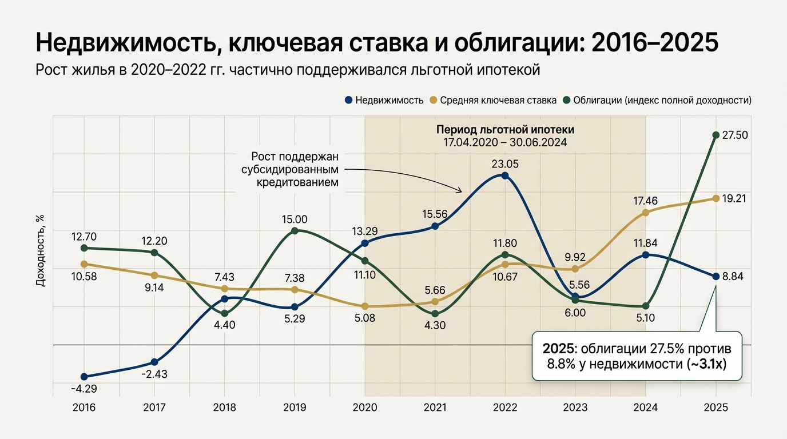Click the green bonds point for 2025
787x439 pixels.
(716, 135)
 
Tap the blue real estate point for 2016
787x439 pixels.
(84, 377)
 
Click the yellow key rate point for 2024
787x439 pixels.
(646, 213)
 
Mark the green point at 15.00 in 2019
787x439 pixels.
(295, 231)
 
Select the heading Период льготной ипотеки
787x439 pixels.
(505, 129)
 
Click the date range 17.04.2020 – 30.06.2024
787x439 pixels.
(505, 142)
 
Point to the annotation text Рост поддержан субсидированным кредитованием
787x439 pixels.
(295, 170)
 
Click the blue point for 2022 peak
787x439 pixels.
(504, 175)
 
